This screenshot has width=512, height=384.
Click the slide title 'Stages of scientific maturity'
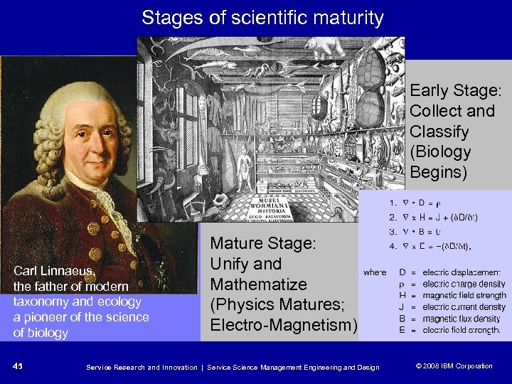tap(262, 18)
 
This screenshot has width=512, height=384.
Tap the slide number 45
tap(18, 366)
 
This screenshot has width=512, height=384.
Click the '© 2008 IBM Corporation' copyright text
tap(454, 366)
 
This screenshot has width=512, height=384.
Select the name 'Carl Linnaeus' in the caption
tap(54, 270)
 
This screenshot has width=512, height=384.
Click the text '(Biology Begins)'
tap(441, 162)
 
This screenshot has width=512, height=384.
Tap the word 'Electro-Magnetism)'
tap(283, 325)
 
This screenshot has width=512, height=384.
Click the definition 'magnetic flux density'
tap(461, 319)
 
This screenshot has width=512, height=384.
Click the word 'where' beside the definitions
tap(374, 272)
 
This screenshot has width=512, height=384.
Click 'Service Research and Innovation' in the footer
tap(139, 367)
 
